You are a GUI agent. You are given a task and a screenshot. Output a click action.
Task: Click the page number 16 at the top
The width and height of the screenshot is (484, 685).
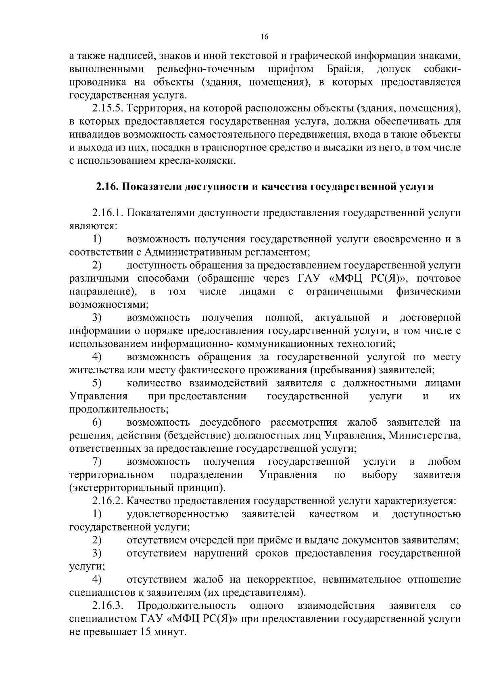coord(264,37)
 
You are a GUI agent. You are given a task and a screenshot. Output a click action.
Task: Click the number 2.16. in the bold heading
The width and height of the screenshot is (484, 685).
coord(107,187)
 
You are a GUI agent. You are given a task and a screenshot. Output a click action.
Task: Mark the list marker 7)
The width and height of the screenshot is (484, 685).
coord(97,461)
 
